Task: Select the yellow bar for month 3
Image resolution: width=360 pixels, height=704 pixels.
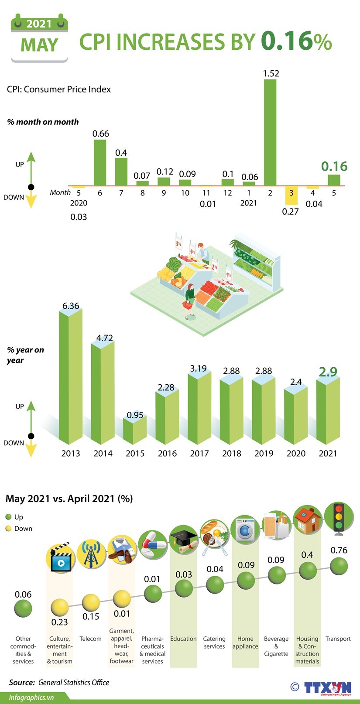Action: coord(291,195)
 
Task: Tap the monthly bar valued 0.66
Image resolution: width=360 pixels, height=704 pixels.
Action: coord(100,162)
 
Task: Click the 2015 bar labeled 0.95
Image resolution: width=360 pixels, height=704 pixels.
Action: coord(134,432)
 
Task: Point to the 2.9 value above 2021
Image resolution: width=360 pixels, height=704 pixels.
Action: coord(328,372)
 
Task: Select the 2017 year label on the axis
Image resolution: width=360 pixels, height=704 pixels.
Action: coord(199,454)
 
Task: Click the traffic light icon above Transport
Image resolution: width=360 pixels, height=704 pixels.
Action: coord(338,519)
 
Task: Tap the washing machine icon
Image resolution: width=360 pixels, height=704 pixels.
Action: coord(245,530)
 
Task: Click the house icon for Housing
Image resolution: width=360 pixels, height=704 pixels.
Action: coord(307,519)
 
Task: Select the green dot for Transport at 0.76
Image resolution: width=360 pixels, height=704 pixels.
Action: coord(339,566)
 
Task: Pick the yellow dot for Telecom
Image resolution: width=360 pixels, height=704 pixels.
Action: coord(91,602)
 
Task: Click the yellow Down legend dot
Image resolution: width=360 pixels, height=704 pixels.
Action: coord(8,529)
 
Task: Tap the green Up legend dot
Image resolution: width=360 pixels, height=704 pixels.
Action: coord(8,517)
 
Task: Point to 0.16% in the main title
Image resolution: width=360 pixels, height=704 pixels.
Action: coord(296,42)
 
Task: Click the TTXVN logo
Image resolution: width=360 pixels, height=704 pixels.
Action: coord(327,688)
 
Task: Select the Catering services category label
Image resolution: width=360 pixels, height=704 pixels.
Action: coord(214,642)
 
